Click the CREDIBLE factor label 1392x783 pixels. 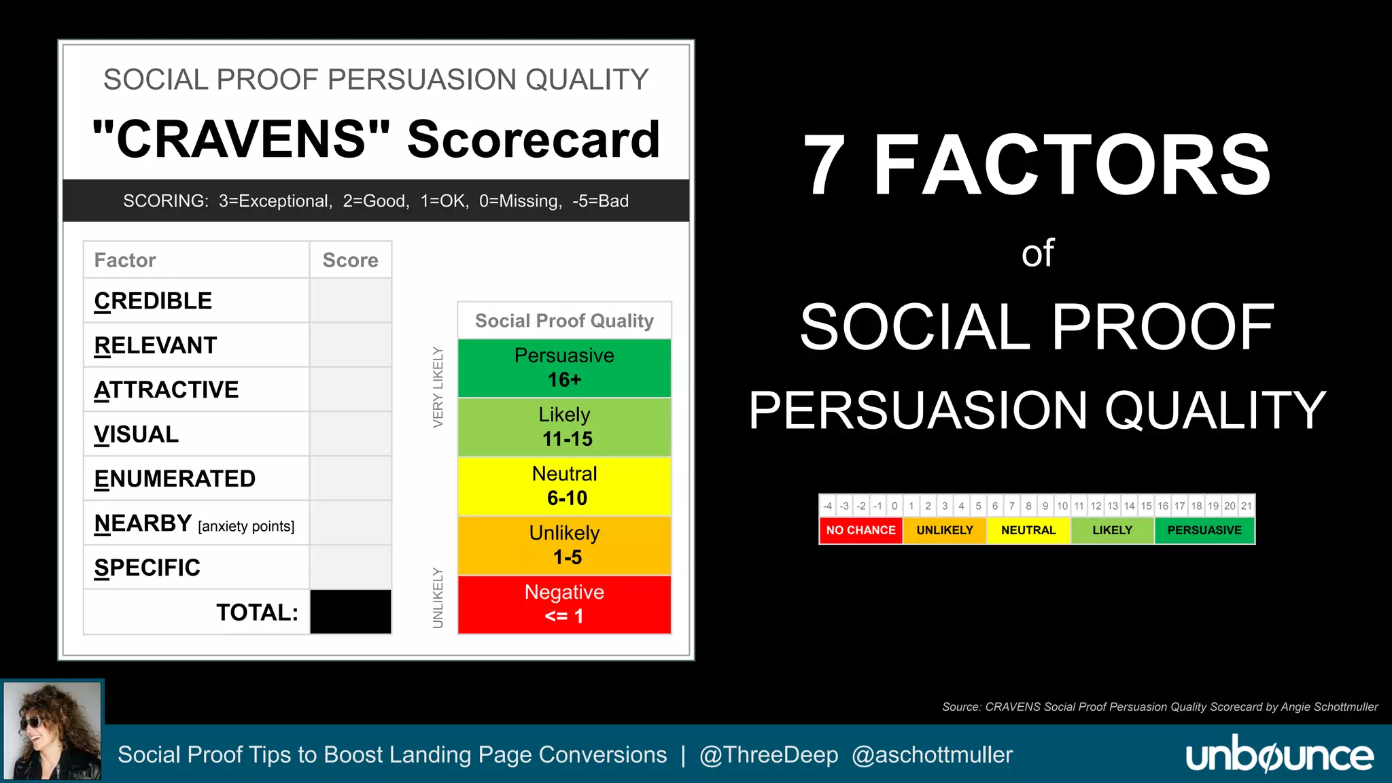tap(153, 300)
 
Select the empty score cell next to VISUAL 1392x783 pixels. tap(350, 434)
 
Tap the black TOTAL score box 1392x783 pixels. tap(350, 612)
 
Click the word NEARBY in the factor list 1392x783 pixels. tap(143, 523)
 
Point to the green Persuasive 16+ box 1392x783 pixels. tap(564, 368)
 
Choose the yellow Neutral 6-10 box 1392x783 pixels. tap(564, 486)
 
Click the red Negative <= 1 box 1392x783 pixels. tap(564, 604)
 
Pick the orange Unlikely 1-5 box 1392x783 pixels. tap(564, 545)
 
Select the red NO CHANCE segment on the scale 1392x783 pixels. tap(860, 530)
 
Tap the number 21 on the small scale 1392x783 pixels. tap(1246, 506)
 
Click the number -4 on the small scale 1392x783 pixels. tap(827, 506)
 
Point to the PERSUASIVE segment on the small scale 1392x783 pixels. tap(1204, 530)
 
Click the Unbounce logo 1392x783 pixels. tap(1279, 754)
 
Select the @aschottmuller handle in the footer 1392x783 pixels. tap(932, 754)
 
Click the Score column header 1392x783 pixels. tap(350, 260)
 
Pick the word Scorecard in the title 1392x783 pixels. tap(533, 139)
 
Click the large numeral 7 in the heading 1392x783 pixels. tap(824, 165)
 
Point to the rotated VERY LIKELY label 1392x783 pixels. tap(438, 387)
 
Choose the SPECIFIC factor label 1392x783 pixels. tap(147, 568)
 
